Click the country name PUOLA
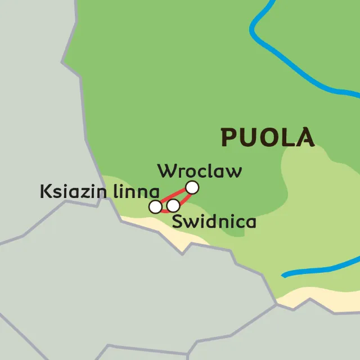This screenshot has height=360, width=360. coord(267,137)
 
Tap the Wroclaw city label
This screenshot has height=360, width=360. coord(200,170)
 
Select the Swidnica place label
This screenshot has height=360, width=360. coord(214,222)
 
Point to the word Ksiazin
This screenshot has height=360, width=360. coord(74,191)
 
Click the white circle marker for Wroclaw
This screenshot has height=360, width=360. coord(192,187)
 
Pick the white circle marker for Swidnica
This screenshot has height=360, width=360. coord(173,205)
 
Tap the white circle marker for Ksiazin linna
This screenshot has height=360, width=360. coord(155,206)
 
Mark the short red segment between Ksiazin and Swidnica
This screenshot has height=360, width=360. coord(164,210)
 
